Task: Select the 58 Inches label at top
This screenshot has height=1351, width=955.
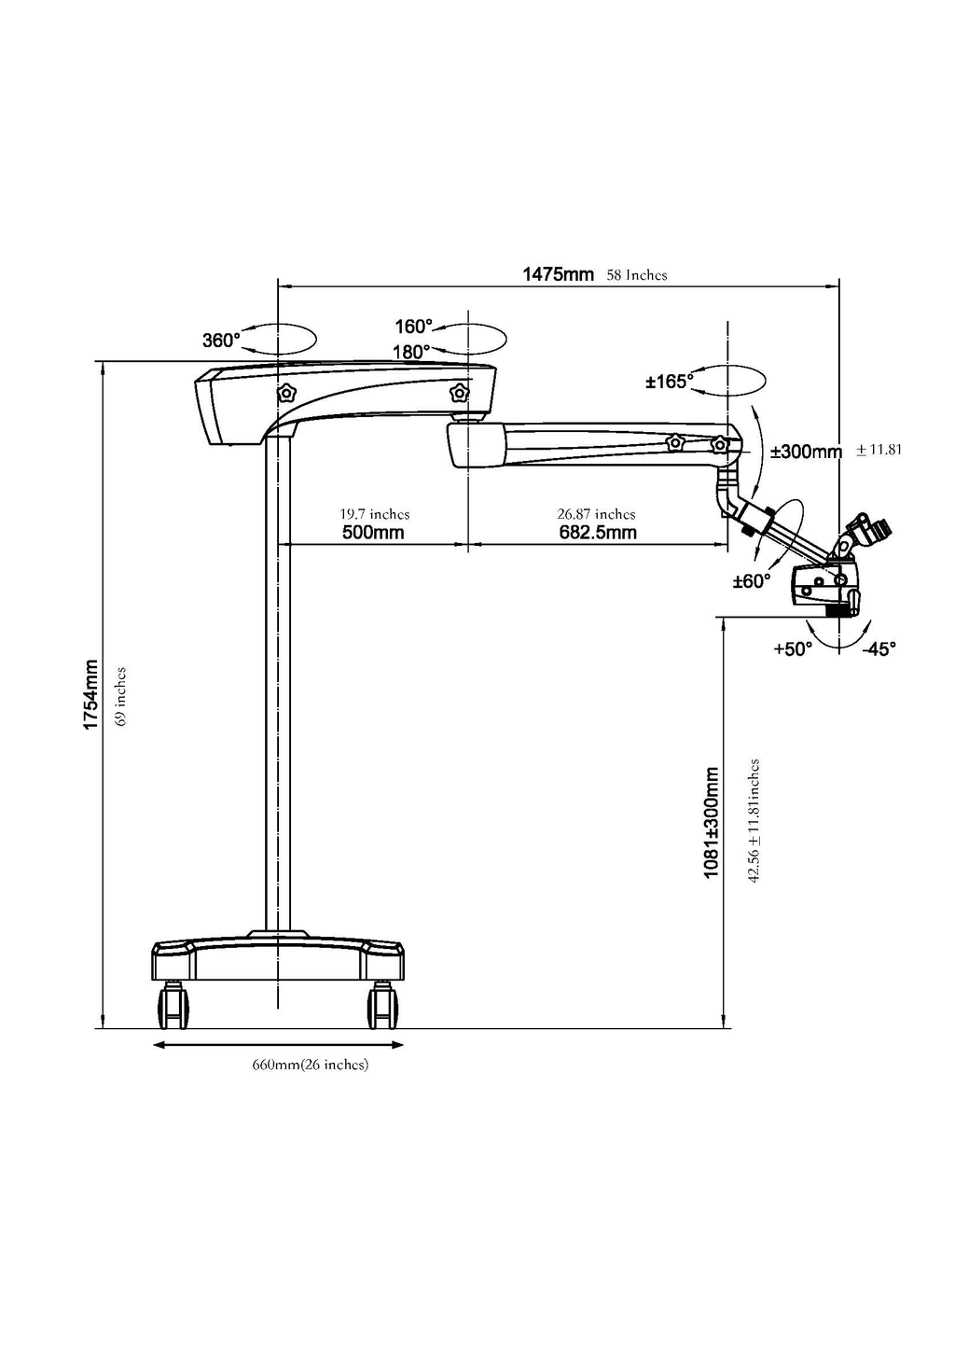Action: point(637,275)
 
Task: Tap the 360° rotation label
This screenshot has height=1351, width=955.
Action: point(222,341)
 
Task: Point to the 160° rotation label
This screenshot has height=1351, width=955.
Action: point(413,327)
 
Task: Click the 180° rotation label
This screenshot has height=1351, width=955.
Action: point(411,352)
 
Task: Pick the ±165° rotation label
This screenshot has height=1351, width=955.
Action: point(670,381)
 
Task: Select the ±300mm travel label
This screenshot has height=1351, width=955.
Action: point(806,452)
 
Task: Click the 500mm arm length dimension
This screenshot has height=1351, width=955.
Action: point(373,533)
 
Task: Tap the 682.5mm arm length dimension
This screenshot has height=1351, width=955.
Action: point(598,533)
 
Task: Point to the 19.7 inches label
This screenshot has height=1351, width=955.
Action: point(374,514)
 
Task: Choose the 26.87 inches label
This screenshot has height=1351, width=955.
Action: point(596,514)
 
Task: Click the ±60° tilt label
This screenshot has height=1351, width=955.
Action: point(752,581)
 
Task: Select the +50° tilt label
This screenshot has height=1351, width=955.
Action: point(793,648)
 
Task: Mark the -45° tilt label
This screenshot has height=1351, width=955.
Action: point(879,648)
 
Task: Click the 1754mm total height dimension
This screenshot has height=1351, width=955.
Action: point(90,694)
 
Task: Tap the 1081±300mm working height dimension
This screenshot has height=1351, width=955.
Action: point(712,823)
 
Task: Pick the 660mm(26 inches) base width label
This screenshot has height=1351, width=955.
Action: point(311,1065)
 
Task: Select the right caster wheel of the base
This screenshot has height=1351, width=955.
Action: point(382,1005)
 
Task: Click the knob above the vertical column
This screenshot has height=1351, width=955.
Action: point(286,393)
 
